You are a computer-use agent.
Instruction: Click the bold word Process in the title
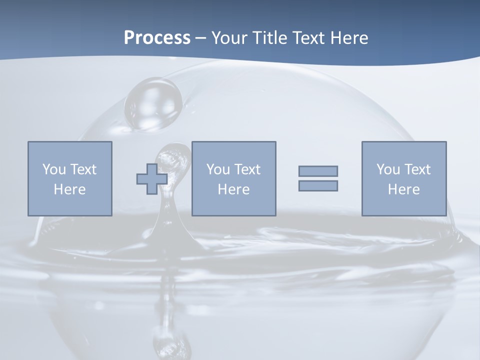coord(157,38)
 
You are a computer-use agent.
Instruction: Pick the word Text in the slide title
coord(310,38)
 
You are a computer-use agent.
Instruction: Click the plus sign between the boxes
coord(152,179)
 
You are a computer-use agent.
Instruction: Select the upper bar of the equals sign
coord(318,171)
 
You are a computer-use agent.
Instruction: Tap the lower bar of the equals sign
coord(318,186)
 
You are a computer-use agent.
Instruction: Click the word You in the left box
coord(54,169)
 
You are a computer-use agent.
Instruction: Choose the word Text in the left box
coord(83,169)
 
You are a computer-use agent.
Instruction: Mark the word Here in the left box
coord(69,189)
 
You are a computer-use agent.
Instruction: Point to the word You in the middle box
coord(218,169)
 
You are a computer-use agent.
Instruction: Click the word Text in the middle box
coord(247,169)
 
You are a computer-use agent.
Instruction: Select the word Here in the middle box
coord(233,189)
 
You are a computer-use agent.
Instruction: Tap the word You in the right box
coord(388,169)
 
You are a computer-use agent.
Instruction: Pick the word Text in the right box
coord(417,169)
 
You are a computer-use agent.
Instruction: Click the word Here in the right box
coord(403,189)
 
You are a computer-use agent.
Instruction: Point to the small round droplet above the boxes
coord(153,104)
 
